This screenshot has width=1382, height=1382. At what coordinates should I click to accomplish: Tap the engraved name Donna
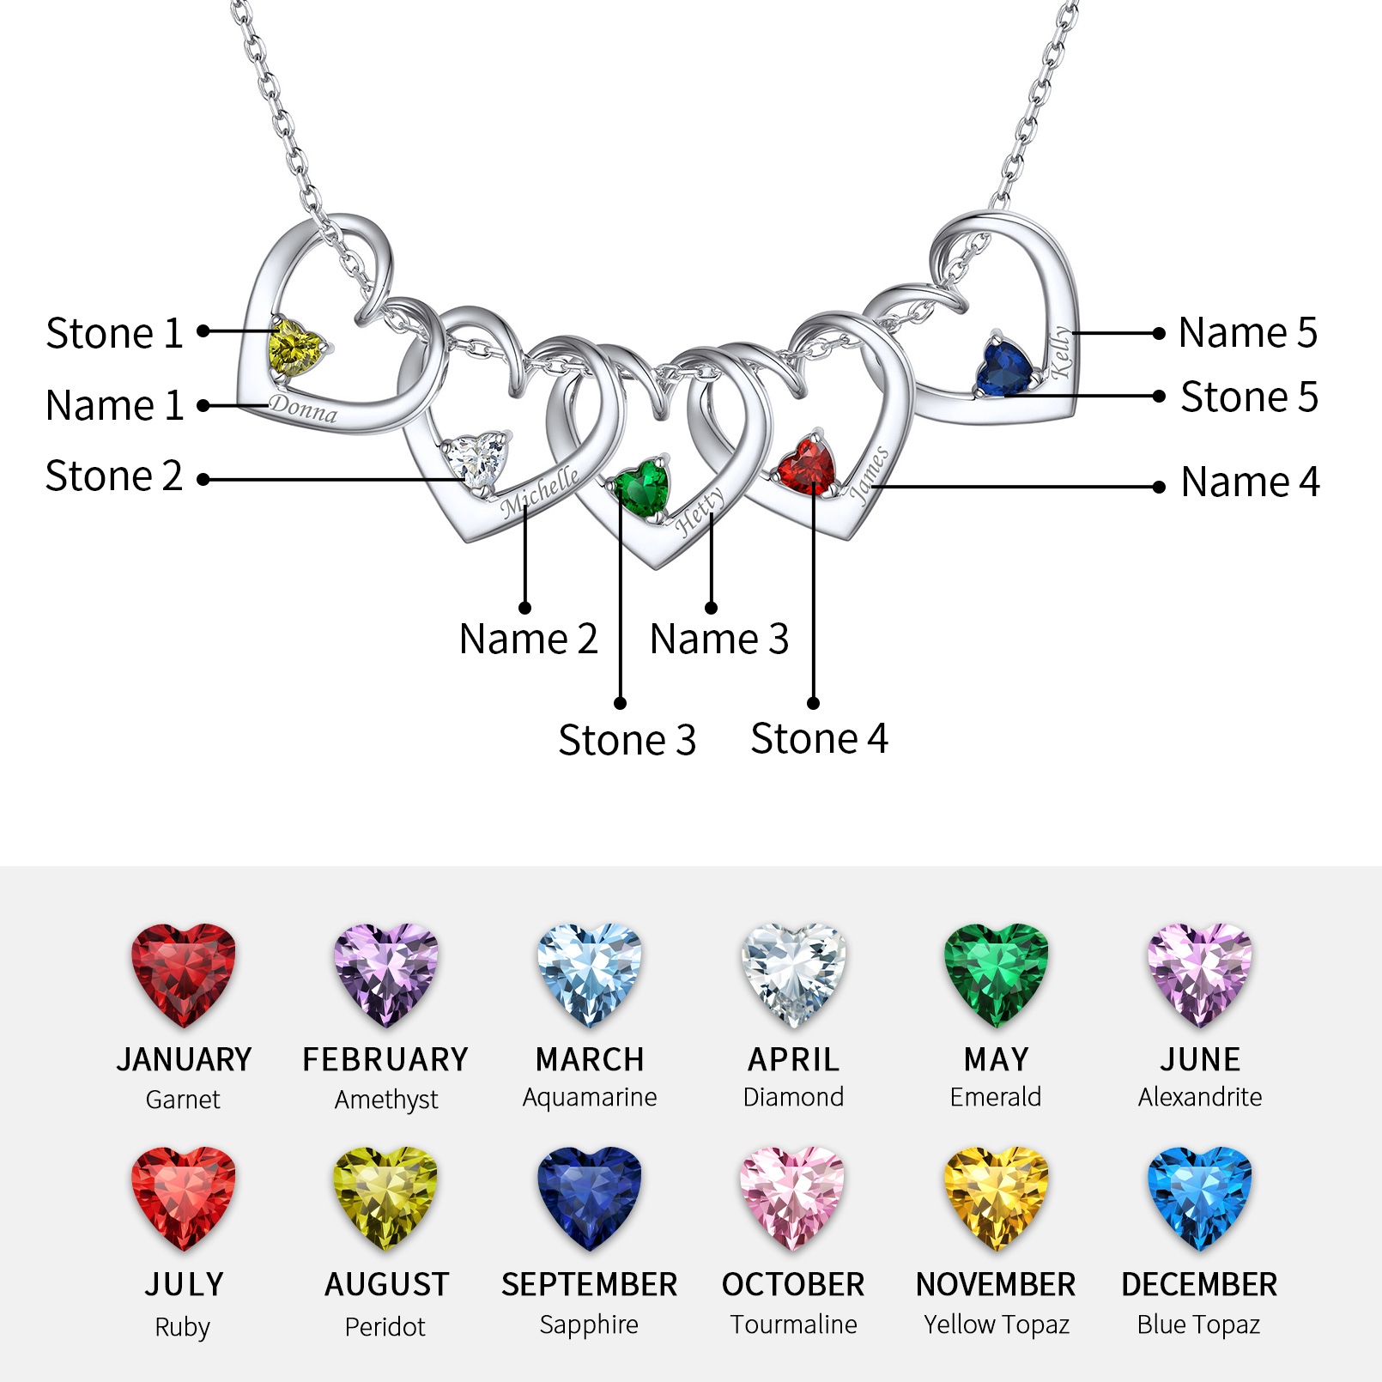pos(304,409)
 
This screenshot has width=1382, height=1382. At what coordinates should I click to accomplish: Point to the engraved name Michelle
pos(540,492)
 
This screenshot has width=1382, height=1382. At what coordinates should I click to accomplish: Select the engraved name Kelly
pos(1062,351)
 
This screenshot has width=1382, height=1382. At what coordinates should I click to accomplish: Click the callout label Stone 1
pos(114,333)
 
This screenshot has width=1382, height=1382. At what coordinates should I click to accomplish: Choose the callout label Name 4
pos(1250,482)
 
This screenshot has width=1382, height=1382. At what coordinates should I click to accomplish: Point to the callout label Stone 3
pos(627,740)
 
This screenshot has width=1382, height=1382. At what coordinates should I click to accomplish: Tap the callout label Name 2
pos(528,639)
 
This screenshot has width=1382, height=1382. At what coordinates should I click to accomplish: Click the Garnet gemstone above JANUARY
pos(183,974)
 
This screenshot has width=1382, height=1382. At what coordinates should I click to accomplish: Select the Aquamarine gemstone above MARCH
pos(590,974)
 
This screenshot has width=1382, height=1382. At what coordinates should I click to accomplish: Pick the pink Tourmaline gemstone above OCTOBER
pos(793,1197)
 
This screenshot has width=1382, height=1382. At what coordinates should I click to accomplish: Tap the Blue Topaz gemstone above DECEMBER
pos(1199,1197)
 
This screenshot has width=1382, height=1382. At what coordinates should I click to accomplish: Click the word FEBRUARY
pos(385,1059)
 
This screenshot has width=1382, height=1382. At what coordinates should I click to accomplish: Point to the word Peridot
pos(385,1327)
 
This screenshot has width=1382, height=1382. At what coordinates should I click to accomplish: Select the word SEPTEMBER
pos(590,1284)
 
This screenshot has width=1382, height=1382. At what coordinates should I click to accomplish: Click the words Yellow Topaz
pos(997,1325)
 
